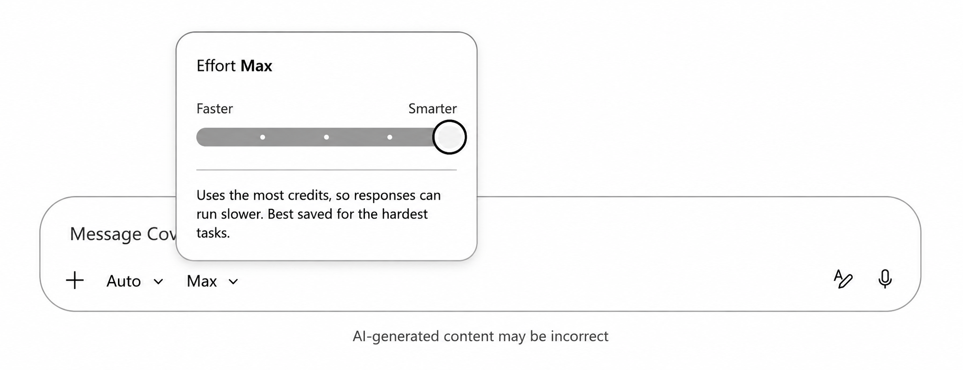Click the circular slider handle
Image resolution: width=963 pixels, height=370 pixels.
click(449, 137)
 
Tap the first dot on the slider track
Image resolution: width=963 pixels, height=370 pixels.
click(263, 137)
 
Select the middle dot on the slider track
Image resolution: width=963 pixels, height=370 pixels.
click(326, 137)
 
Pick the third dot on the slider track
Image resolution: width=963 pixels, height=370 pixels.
click(390, 137)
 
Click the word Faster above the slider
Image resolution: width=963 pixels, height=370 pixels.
click(215, 109)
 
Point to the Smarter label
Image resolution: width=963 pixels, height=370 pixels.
click(432, 109)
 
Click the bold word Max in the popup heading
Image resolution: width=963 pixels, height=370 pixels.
click(256, 66)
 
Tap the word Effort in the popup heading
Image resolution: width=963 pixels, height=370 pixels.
click(216, 66)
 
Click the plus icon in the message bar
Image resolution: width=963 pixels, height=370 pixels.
click(75, 280)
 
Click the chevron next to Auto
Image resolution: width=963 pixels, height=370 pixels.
click(158, 281)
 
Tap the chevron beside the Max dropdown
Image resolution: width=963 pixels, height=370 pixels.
click(233, 281)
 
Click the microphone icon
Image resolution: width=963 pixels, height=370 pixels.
click(885, 279)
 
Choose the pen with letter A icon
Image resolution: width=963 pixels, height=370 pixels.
click(843, 279)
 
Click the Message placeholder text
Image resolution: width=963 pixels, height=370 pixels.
click(123, 234)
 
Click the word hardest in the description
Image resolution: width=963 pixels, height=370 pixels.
click(404, 214)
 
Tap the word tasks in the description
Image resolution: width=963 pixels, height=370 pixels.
click(213, 233)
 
